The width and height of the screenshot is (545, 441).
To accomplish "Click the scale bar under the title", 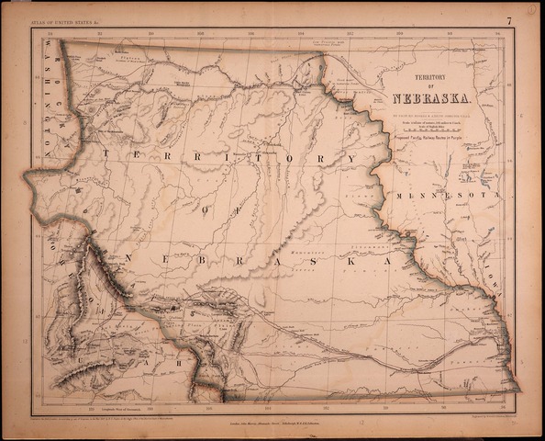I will [432, 130].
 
